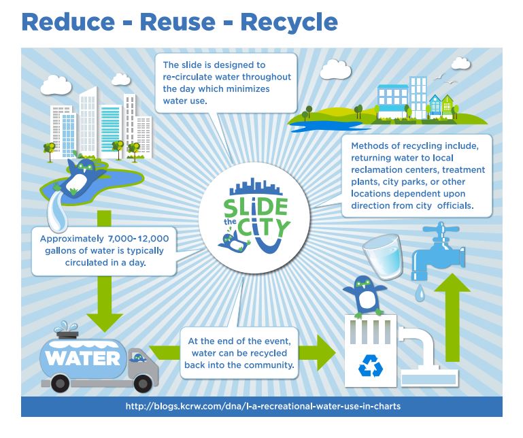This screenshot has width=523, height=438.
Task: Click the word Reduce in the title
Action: (68, 22)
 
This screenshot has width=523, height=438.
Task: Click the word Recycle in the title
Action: (289, 23)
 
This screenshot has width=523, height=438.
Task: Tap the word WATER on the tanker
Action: (83, 358)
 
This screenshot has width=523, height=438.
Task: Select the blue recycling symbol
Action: (371, 366)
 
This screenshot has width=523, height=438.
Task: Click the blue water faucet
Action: (438, 251)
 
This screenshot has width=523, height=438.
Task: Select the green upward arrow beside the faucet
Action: (452, 318)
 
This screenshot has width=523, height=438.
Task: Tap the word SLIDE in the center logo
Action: (256, 208)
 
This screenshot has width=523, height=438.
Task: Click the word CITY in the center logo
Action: (263, 228)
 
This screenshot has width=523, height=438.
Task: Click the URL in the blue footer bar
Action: (263, 406)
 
